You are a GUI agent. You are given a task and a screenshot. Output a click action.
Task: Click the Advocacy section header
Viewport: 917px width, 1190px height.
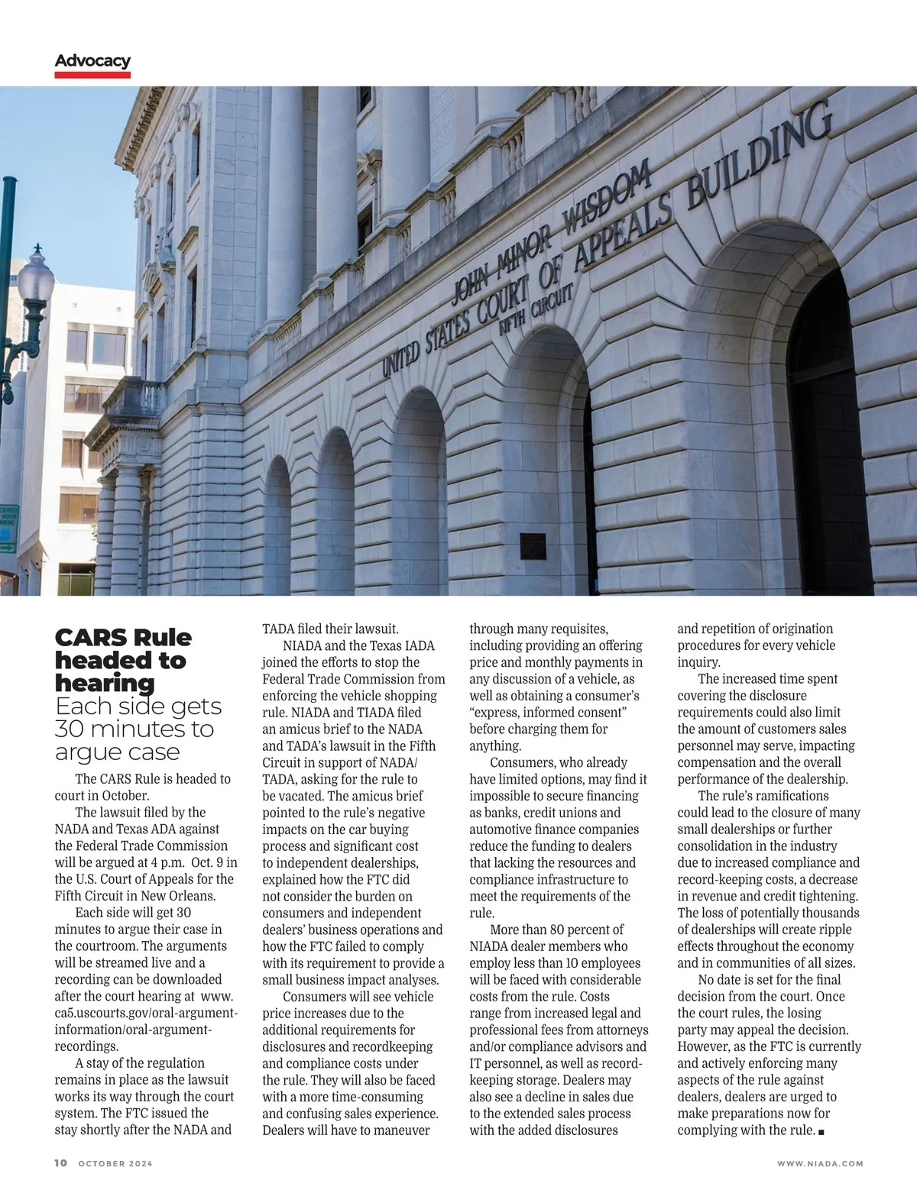pos(92,61)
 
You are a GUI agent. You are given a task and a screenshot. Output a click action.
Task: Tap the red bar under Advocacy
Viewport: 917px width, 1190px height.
pos(92,75)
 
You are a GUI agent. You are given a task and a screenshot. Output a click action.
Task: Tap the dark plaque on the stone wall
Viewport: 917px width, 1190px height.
pos(533,545)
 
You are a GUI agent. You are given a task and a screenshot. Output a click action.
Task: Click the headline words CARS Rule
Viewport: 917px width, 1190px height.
pos(123,638)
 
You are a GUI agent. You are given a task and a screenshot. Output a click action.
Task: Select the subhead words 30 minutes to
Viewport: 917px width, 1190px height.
pos(134,729)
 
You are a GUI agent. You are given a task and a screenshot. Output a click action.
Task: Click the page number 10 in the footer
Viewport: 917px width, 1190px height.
pos(61,1163)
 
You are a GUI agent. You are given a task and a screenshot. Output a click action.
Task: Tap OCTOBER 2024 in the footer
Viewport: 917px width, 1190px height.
pos(115,1163)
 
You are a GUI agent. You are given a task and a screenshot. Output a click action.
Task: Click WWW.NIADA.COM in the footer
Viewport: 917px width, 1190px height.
pos(820,1163)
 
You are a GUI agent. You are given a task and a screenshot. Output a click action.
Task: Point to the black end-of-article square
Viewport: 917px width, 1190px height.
pos(821,1131)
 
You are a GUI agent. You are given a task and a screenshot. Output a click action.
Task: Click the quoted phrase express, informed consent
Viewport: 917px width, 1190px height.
pos(548,712)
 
